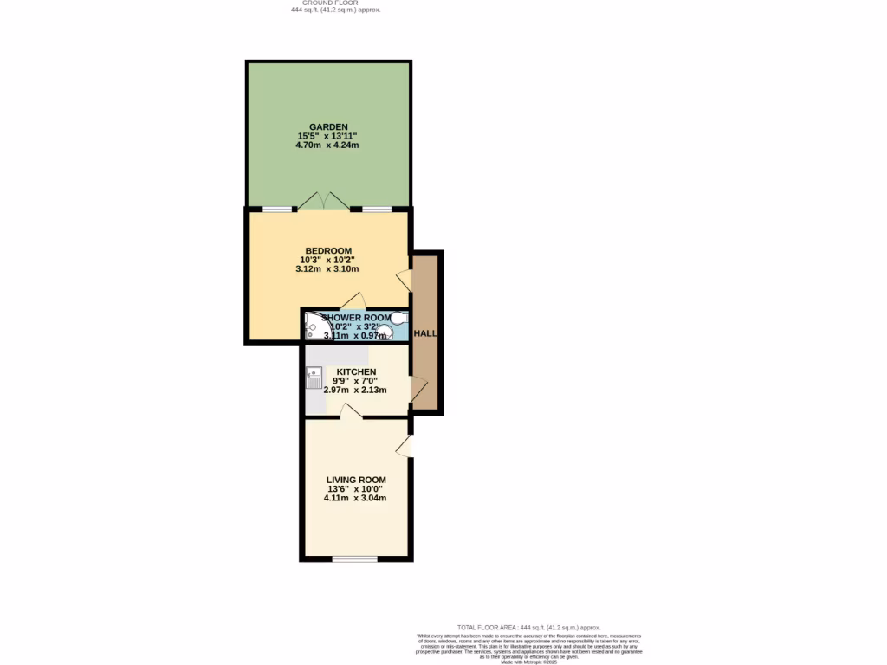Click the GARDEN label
point(328,127)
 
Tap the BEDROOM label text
point(328,251)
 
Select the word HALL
point(425,333)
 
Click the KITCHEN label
point(356,372)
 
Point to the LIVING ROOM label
point(356,480)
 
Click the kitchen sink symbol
point(314,378)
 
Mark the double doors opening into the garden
point(325,201)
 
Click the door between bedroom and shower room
point(353,300)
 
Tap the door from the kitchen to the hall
point(418,391)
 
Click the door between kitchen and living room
point(350,411)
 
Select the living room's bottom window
point(355,559)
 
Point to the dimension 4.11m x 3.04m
point(355,498)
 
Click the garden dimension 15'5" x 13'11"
point(327,137)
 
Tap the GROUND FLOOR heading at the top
point(336,3)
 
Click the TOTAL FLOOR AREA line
point(528,627)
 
